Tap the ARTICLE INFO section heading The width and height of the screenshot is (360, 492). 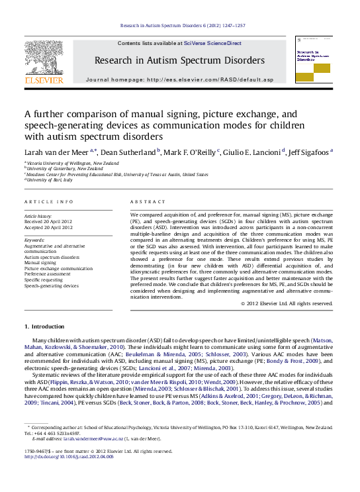click(x=48, y=201)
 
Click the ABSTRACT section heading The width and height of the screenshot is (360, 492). click(x=148, y=201)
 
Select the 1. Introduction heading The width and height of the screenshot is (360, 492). click(x=44, y=327)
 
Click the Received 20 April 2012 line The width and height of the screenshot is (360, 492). click(x=48, y=222)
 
